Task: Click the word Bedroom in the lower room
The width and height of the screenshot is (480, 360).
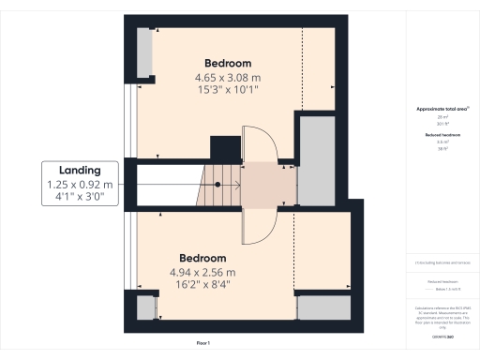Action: click(x=203, y=258)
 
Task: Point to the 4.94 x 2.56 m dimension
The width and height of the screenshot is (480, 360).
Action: click(x=203, y=272)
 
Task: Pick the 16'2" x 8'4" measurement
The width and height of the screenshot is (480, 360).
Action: click(x=203, y=285)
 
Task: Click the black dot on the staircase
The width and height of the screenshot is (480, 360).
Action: click(x=217, y=185)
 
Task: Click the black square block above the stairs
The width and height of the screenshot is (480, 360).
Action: click(x=225, y=148)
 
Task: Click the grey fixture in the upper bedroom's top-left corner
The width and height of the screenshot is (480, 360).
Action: click(x=146, y=53)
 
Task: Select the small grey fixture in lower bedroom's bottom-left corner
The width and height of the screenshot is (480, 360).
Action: click(x=143, y=308)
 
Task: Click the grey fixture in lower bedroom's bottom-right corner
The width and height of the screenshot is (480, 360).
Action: click(x=323, y=308)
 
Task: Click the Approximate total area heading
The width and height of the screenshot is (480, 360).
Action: click(x=441, y=109)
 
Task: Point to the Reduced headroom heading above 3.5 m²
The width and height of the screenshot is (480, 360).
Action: click(x=441, y=135)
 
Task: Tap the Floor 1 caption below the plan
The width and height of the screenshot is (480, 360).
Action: click(x=202, y=344)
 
